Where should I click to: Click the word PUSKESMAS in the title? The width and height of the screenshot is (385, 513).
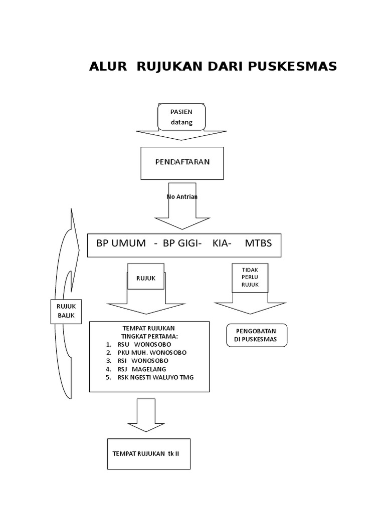(x=292, y=67)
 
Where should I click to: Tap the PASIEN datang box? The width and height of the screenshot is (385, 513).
(x=181, y=117)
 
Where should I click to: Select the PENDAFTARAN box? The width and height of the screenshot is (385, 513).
(x=181, y=163)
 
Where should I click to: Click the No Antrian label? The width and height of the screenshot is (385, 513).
(x=182, y=197)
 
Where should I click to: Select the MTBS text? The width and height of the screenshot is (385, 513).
(x=258, y=243)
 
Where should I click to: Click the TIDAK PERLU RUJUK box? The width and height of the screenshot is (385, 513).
(x=250, y=278)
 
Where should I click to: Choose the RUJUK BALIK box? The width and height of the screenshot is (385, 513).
(x=65, y=312)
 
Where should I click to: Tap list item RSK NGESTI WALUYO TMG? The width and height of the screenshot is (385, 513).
(x=155, y=377)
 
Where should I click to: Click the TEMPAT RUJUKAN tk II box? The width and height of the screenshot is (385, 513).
(x=149, y=453)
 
